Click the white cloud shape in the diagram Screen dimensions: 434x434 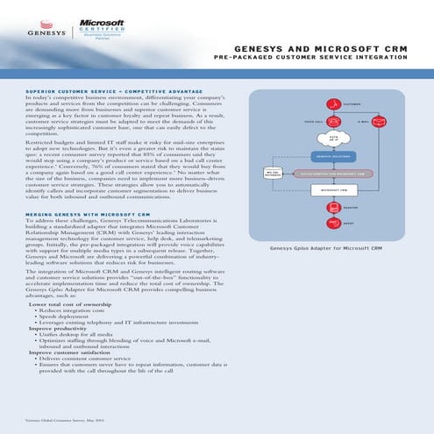[332, 137]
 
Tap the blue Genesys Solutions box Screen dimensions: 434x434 [332, 154]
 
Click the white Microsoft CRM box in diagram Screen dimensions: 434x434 [332, 188]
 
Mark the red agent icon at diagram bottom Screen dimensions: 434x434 [332, 224]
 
